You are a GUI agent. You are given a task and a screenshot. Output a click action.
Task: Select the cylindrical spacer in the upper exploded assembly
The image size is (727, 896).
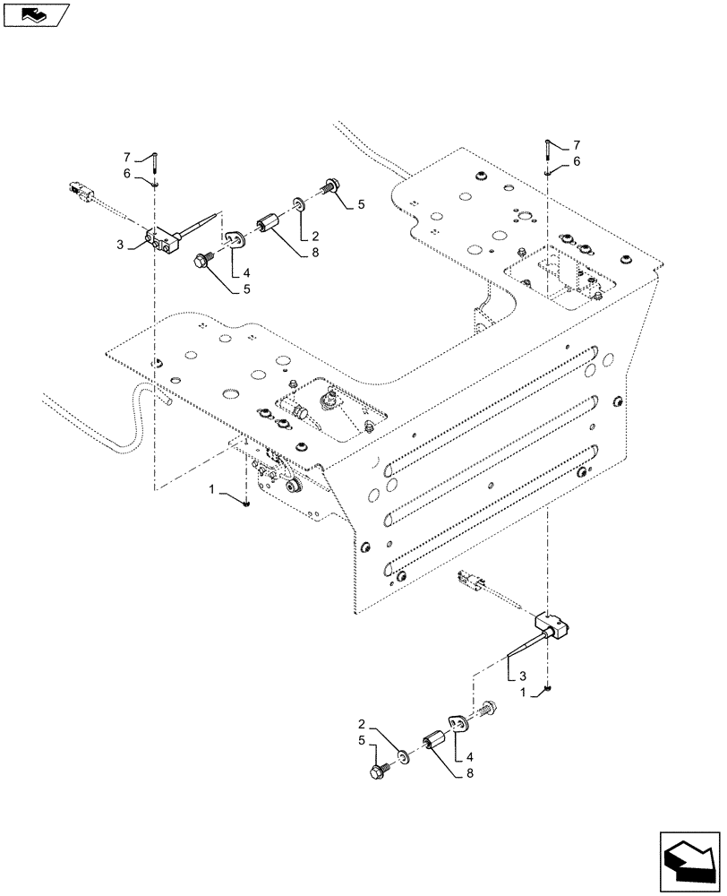point(269,223)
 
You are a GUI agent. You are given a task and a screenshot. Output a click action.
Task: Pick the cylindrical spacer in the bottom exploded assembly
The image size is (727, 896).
point(438,744)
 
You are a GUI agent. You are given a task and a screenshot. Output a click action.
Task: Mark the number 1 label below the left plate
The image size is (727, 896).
point(212,488)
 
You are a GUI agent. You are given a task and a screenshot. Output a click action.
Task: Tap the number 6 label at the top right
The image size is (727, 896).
point(577,161)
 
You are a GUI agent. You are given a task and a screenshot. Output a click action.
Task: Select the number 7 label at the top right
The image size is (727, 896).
point(577,144)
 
